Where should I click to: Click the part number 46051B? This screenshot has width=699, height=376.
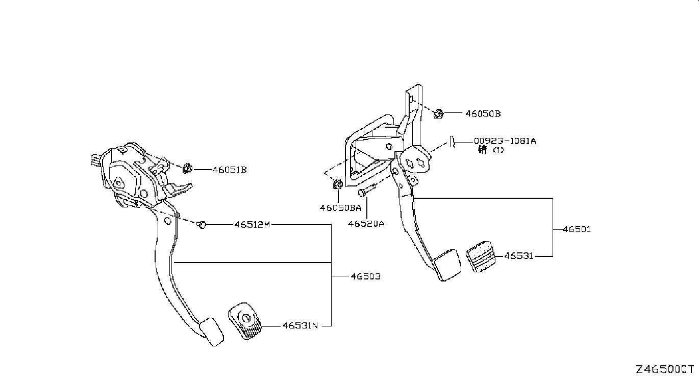pyautogui.click(x=230, y=170)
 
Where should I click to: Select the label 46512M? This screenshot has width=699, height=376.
pyautogui.click(x=252, y=224)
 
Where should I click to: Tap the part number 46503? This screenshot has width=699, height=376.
pyautogui.click(x=366, y=276)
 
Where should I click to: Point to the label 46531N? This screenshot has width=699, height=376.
pyautogui.click(x=300, y=325)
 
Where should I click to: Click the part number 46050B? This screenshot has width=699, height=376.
pyautogui.click(x=483, y=114)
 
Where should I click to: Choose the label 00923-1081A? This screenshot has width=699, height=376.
pyautogui.click(x=505, y=141)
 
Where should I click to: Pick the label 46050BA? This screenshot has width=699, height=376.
pyautogui.click(x=340, y=208)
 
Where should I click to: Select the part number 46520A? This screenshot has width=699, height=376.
pyautogui.click(x=366, y=224)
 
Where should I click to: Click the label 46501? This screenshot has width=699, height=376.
pyautogui.click(x=577, y=229)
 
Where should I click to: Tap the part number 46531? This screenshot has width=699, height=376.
pyautogui.click(x=518, y=256)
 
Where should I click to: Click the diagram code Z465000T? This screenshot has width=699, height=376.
pyautogui.click(x=664, y=369)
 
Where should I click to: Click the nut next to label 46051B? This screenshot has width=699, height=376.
pyautogui.click(x=187, y=169)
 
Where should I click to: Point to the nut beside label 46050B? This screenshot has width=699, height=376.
pyautogui.click(x=438, y=114)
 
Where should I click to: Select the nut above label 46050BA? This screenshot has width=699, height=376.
pyautogui.click(x=338, y=184)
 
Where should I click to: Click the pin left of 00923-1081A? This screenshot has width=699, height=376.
pyautogui.click(x=452, y=142)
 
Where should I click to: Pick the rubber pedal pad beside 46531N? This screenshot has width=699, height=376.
pyautogui.click(x=245, y=321)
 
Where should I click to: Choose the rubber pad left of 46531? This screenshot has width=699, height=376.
pyautogui.click(x=481, y=256)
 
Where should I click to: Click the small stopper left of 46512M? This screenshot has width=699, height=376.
pyautogui.click(x=202, y=225)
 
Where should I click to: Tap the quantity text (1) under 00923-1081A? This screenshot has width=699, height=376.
pyautogui.click(x=498, y=150)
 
